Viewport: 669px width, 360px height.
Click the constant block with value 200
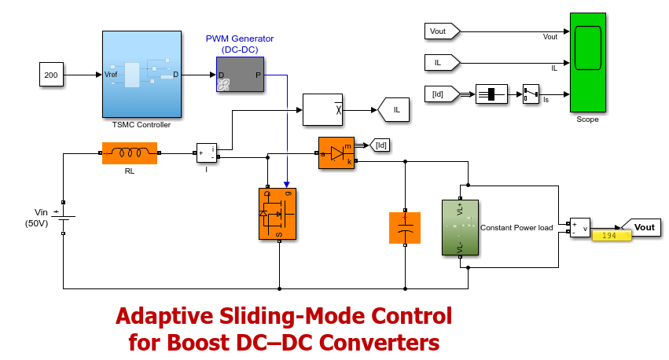(x=51, y=75)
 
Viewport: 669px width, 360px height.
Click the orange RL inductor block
(x=130, y=152)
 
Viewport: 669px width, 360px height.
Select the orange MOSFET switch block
(x=279, y=213)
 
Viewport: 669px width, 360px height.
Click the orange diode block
(x=336, y=153)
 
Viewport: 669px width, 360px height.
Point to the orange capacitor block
(x=406, y=227)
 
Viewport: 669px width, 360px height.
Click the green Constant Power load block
(x=460, y=227)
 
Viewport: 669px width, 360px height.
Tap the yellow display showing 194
(x=612, y=236)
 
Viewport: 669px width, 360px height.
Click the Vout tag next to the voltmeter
(x=641, y=227)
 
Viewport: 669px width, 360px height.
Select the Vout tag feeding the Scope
(x=441, y=31)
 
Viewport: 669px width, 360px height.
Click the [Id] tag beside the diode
(x=380, y=144)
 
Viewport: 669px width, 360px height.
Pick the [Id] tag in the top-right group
(x=439, y=94)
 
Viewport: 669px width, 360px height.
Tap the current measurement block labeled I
(x=206, y=153)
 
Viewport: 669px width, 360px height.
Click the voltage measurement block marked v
(x=580, y=228)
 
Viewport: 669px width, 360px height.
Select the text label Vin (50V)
(x=38, y=218)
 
